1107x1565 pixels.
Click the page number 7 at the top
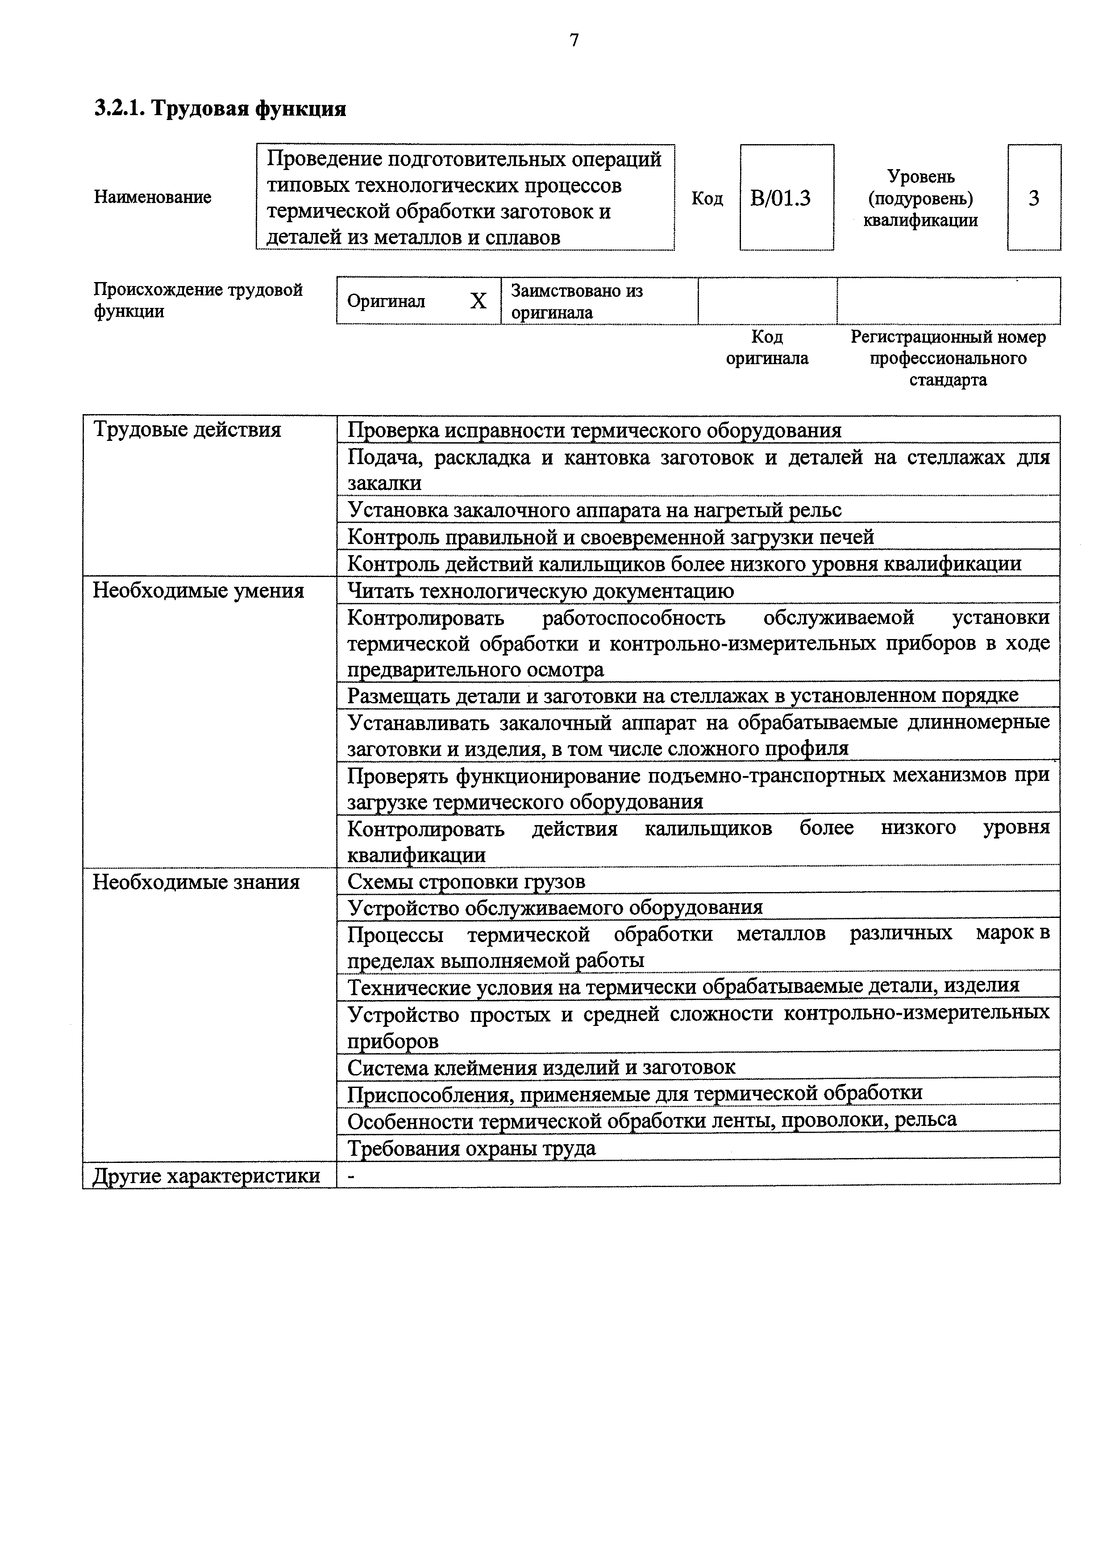pos(574,42)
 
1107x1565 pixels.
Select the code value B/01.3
pos(781,198)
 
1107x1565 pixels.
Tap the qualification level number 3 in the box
pos(1033,198)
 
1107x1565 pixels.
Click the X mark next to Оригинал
pos(479,301)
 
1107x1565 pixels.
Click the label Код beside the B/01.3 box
pos(707,198)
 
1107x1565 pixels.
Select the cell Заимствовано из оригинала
pos(577,301)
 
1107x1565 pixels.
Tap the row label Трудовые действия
pos(187,430)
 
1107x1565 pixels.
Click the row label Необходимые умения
pos(198,590)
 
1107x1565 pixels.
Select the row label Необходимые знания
pos(196,882)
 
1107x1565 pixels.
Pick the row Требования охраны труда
pos(472,1149)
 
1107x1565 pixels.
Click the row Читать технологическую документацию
pos(541,591)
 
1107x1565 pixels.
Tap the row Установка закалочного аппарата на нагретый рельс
pos(595,510)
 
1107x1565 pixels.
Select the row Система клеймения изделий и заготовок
pos(541,1067)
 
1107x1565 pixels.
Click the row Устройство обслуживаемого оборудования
pos(555,908)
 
